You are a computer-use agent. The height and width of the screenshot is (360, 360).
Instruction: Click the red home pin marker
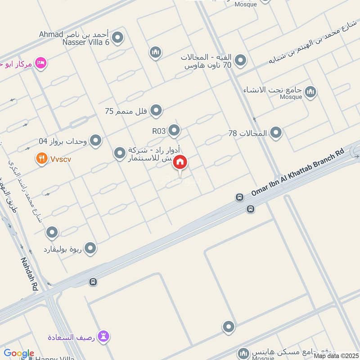pyautogui.click(x=180, y=162)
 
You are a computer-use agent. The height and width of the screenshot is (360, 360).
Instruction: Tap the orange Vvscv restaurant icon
pyautogui.click(x=42, y=158)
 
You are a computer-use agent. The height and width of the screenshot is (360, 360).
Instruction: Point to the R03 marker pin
pyautogui.click(x=174, y=131)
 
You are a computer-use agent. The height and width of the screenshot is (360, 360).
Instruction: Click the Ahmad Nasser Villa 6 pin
pyautogui.click(x=118, y=38)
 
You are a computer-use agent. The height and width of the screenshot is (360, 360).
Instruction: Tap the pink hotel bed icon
pyautogui.click(x=41, y=63)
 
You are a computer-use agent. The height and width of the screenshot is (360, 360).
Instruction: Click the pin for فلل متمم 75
pyautogui.click(x=156, y=110)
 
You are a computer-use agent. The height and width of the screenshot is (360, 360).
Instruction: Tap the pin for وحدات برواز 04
pyautogui.click(x=95, y=141)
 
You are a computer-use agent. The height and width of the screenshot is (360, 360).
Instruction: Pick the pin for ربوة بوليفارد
pyautogui.click(x=90, y=248)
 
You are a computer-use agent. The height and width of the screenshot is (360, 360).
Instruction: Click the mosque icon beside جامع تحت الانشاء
pyautogui.click(x=310, y=93)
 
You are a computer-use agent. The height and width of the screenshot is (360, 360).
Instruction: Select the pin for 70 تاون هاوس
pyautogui.click(x=241, y=60)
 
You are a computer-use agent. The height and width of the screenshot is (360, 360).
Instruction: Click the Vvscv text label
pyautogui.click(x=60, y=159)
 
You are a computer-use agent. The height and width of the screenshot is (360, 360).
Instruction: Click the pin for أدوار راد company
pyautogui.click(x=120, y=154)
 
